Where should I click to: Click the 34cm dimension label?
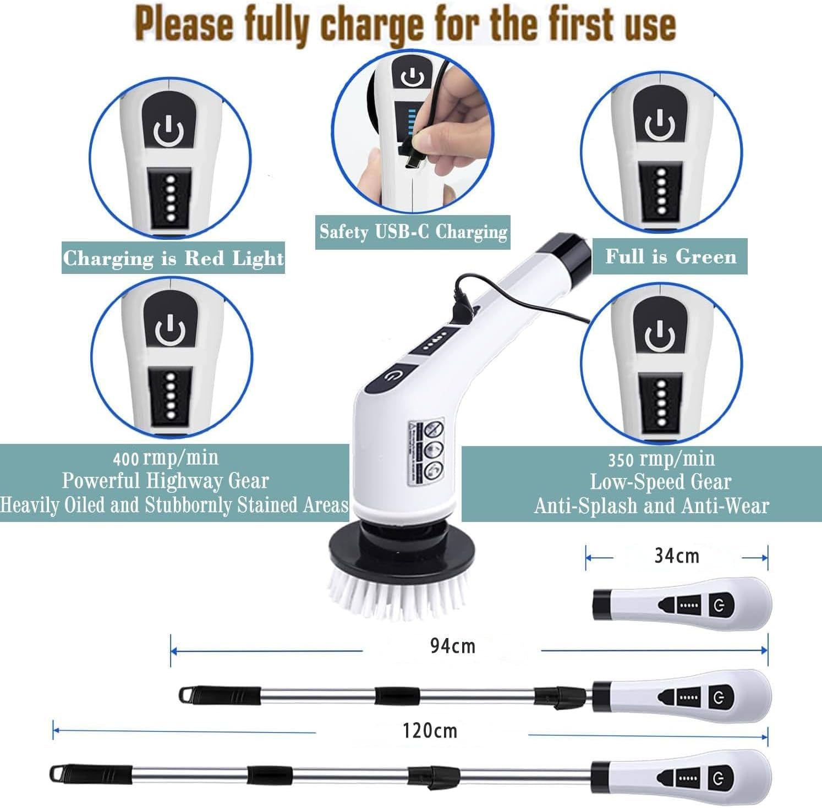[676, 556]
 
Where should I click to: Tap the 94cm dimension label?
[452, 646]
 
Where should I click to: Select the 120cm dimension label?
[430, 731]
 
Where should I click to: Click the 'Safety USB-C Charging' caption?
[413, 232]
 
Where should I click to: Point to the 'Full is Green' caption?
[670, 257]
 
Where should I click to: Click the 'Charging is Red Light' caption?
[173, 258]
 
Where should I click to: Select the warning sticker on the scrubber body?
[428, 453]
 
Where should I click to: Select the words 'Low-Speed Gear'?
[660, 482]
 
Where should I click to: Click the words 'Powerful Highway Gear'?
[165, 481]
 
